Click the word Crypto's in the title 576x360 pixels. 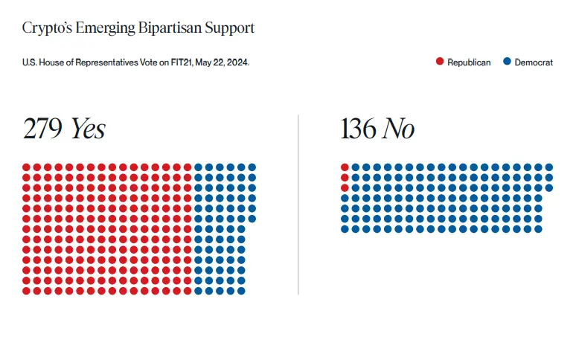[47, 28]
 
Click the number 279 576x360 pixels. [43, 129]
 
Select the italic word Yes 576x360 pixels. [87, 129]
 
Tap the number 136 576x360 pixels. [358, 129]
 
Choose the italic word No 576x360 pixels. [398, 129]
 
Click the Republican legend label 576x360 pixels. [469, 62]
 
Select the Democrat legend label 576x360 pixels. [534, 62]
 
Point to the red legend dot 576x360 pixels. [440, 62]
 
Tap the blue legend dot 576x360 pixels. [507, 62]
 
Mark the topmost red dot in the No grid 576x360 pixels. [345, 167]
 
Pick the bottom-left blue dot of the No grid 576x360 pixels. [345, 229]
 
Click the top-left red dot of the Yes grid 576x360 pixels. [26, 167]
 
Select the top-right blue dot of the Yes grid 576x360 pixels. [252, 167]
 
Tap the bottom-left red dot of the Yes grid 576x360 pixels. [26, 291]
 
